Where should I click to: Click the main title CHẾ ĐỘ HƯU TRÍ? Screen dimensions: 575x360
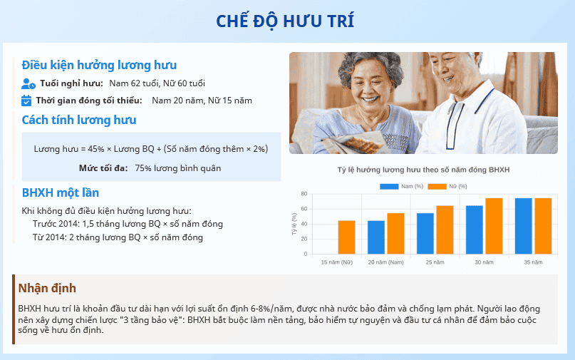coord(285,21)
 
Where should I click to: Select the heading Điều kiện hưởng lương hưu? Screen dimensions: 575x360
coord(99,66)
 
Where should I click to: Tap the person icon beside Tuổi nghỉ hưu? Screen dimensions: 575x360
coord(29,83)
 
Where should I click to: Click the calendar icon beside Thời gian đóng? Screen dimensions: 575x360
coord(26,101)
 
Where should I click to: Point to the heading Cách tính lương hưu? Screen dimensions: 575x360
coord(79,120)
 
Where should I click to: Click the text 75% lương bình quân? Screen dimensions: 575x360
coord(178,168)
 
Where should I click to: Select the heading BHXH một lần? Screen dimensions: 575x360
coord(60,192)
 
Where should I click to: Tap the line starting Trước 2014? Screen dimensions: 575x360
coord(128,224)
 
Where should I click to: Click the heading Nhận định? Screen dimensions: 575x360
coord(47,288)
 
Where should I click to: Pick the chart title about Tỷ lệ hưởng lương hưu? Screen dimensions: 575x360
coord(423,170)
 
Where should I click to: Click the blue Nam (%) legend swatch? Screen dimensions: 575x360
coord(389,187)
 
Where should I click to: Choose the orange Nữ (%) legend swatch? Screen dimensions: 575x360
coord(437,187)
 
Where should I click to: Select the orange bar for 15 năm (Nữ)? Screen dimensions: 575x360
coord(346,237)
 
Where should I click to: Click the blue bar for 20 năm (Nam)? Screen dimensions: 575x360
coord(376,237)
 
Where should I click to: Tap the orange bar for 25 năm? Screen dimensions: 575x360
coord(445,230)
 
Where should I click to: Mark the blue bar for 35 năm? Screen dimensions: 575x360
coord(523,226)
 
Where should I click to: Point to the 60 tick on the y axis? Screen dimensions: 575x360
coord(304,209)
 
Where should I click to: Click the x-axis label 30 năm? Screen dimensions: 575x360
coord(484,262)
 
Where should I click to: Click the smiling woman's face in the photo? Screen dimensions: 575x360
coord(369,84)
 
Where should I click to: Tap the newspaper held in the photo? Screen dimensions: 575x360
coord(351,143)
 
